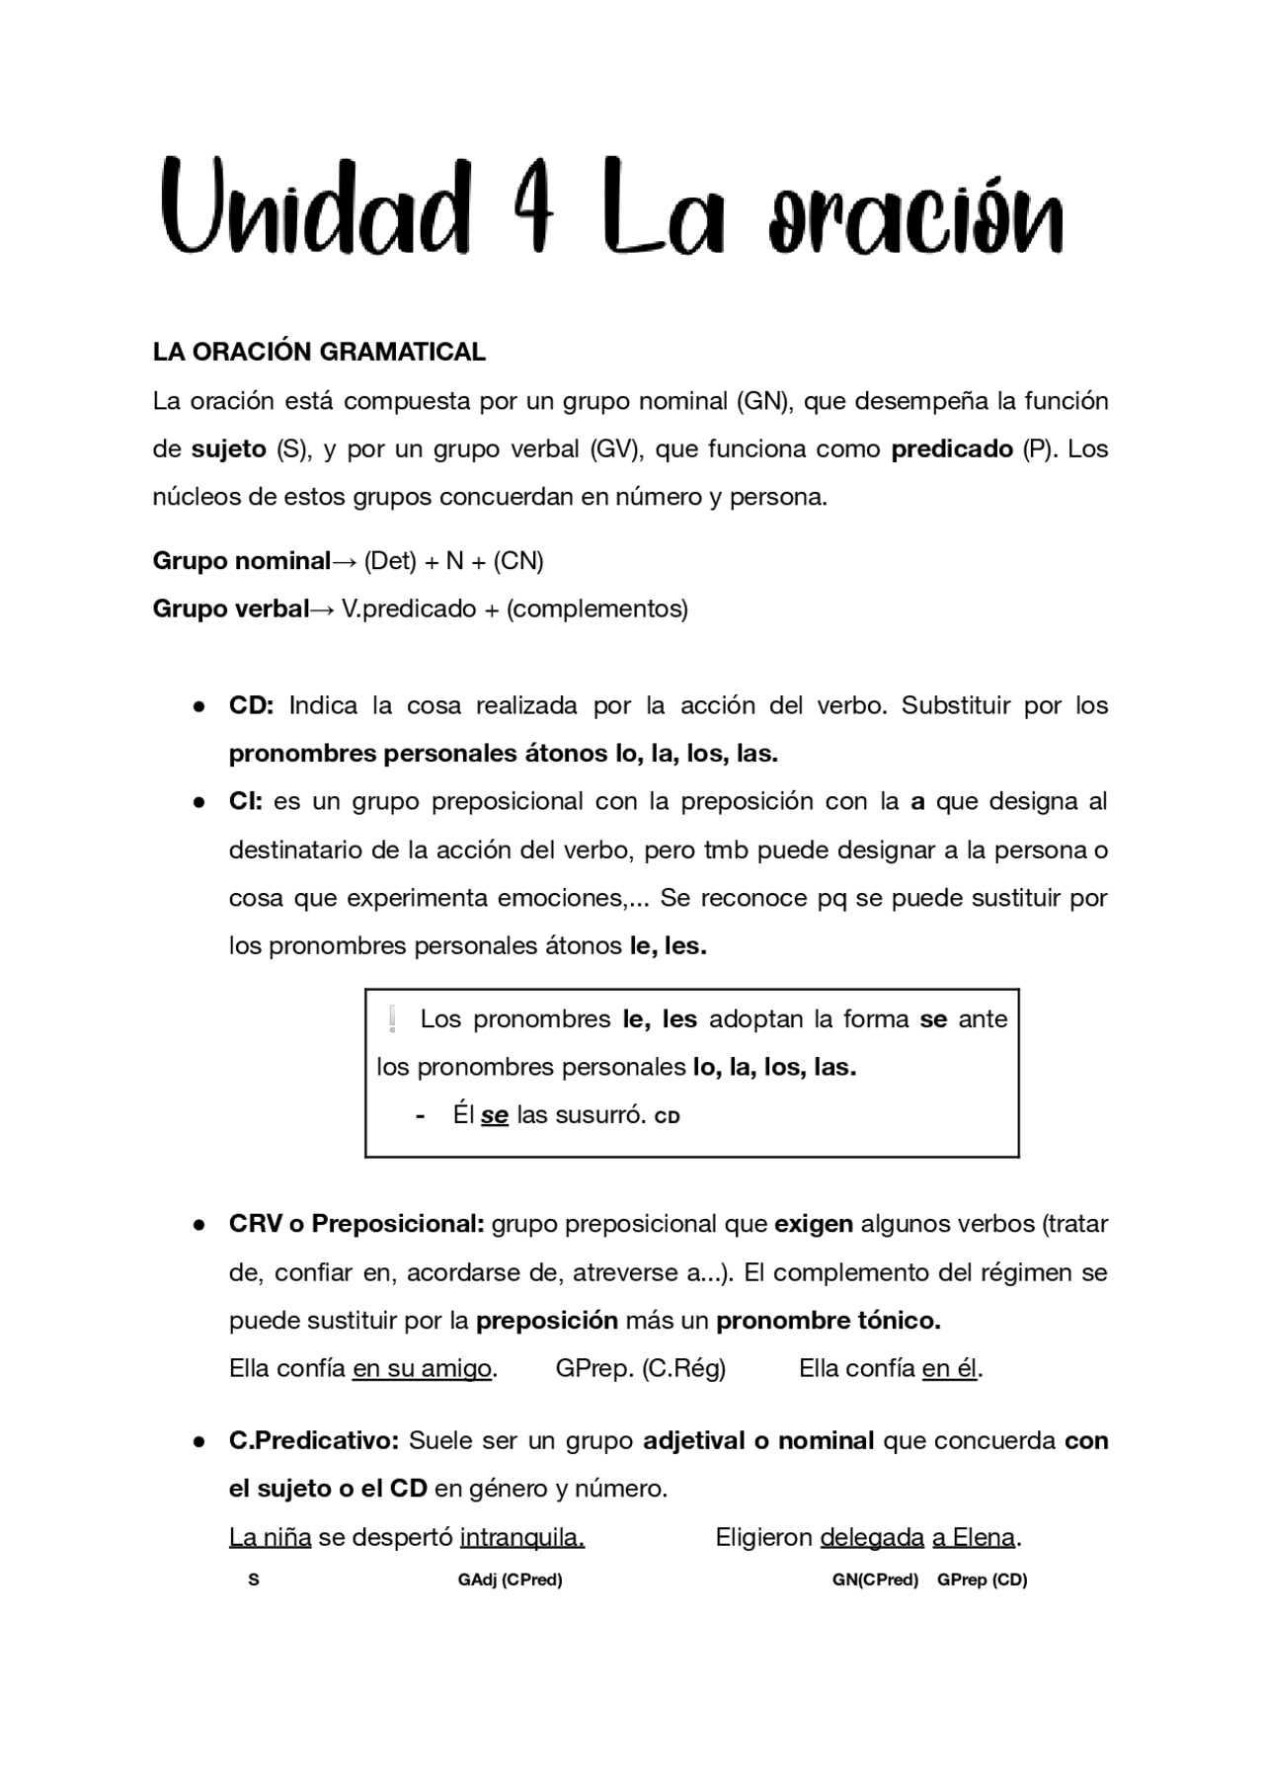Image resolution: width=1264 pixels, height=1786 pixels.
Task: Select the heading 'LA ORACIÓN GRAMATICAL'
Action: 319,352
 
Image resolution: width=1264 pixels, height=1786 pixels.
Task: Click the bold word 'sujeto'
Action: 229,449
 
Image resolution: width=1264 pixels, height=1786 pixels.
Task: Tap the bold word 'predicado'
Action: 952,449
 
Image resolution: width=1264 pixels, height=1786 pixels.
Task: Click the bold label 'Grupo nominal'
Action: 241,561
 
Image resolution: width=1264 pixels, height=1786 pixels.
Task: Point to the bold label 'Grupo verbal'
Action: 231,609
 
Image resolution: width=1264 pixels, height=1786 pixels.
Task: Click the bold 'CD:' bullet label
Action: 251,705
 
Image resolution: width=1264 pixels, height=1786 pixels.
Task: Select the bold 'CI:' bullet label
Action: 245,801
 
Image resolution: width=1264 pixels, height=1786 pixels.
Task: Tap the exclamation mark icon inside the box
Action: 393,1018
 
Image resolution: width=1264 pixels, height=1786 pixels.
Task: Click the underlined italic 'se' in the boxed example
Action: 494,1116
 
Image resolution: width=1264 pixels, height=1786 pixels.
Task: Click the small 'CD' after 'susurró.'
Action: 668,1118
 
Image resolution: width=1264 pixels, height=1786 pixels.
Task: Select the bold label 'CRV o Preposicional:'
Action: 356,1224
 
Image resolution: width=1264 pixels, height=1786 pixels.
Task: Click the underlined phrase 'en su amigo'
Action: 422,1369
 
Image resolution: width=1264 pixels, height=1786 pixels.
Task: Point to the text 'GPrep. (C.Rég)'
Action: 640,1369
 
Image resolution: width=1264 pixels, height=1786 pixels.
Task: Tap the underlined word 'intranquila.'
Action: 521,1538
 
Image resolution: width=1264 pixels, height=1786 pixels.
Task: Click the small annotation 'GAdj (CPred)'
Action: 510,1580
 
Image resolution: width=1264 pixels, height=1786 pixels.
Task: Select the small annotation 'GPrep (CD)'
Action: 982,1580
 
